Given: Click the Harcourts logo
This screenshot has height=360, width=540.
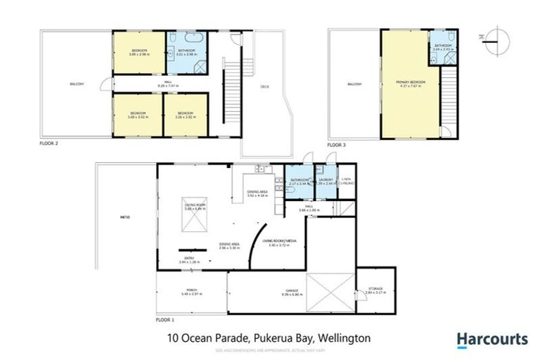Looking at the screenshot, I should [492, 340].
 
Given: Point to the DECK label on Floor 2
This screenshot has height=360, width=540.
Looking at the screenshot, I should [264, 87].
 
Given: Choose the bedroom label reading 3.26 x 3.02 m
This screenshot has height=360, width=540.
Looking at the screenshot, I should [185, 115].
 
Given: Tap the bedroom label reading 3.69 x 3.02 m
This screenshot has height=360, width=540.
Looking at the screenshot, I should [136, 115].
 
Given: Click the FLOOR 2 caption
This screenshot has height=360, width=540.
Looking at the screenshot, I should [49, 142].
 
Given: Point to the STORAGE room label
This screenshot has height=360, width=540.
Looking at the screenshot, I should [378, 290].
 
